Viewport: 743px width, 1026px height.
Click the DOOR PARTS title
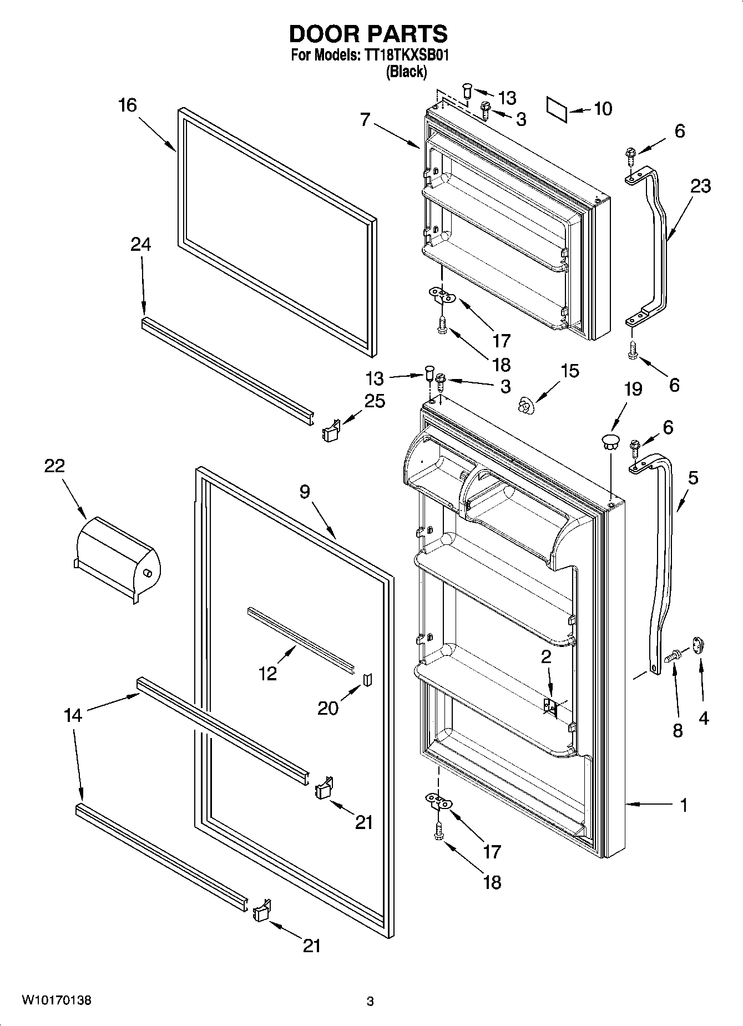click(368, 34)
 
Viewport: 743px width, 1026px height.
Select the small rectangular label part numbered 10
click(557, 109)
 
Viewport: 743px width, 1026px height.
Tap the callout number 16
click(127, 105)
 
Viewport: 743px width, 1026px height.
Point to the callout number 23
click(700, 186)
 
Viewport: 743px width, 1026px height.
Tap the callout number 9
click(304, 491)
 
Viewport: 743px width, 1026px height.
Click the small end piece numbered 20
click(366, 679)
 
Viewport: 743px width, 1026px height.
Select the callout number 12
click(267, 673)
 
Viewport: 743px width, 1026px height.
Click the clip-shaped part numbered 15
click(524, 406)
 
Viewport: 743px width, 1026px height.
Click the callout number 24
click(140, 244)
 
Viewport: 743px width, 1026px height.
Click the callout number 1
click(684, 805)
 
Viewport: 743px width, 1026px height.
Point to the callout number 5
click(693, 478)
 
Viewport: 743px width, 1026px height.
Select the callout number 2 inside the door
click(546, 657)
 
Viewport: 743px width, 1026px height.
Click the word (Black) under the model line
click(406, 72)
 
